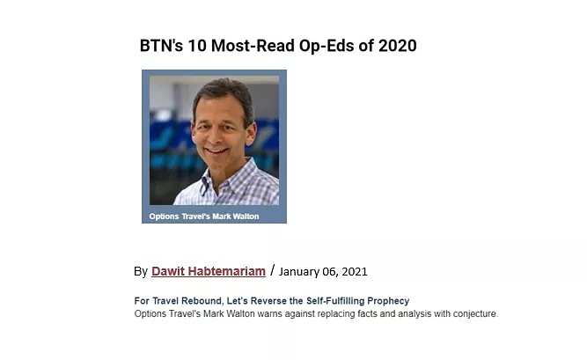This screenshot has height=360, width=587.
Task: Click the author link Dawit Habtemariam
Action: (x=208, y=271)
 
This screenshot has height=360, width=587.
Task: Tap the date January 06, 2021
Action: (x=323, y=271)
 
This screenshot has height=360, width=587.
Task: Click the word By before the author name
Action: (x=141, y=271)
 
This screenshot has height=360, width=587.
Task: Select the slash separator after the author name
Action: (x=273, y=270)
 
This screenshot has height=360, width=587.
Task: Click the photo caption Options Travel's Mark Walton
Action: (x=204, y=216)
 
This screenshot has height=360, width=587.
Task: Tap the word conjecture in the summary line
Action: (x=471, y=313)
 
